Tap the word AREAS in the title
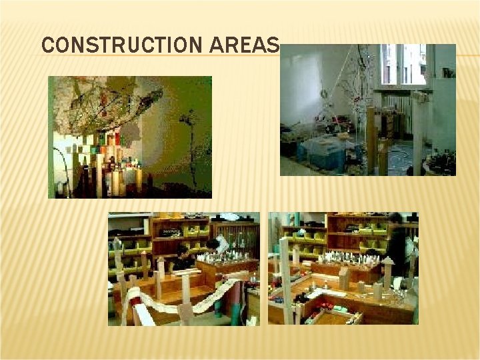tap(245, 45)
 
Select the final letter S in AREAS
tap(272, 45)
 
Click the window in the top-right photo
tap(403, 65)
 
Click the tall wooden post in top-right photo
tap(371, 140)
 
